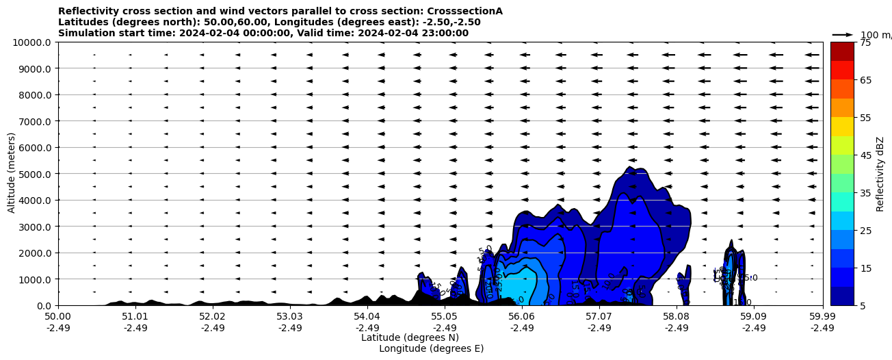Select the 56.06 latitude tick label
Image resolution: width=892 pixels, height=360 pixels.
point(521,317)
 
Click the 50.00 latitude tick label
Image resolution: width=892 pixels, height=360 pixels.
point(58,317)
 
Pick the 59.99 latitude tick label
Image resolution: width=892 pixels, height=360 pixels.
point(822,317)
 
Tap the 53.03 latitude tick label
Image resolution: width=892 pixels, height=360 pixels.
point(289,317)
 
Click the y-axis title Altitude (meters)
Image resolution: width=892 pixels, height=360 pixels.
point(12,174)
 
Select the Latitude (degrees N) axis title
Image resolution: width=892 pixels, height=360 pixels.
point(410,337)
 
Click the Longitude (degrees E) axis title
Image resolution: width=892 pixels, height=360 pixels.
point(431,348)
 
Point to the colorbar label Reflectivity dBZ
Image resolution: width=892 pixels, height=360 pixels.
point(880,174)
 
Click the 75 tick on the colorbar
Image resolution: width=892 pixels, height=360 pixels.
point(865,42)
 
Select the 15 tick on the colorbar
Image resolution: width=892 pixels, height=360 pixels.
point(865,268)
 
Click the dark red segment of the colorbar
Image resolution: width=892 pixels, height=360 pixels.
point(842,51)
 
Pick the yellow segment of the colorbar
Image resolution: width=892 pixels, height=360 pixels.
point(842,127)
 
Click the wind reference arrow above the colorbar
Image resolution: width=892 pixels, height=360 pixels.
point(842,34)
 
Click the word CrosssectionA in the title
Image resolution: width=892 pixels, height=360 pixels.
point(464,11)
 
